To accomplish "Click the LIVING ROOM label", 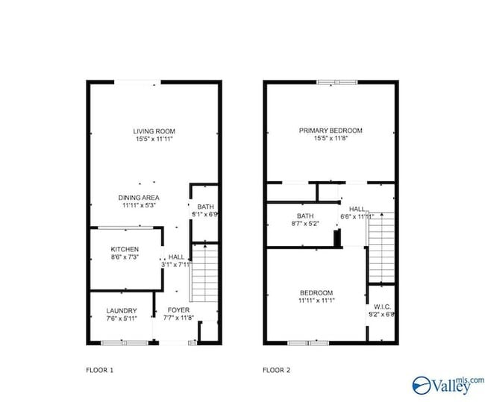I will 154,131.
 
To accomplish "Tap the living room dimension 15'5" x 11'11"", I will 154,139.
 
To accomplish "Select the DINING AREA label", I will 139,198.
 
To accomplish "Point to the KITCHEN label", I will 125,249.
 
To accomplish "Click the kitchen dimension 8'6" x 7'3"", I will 125,257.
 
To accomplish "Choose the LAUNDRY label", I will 121,310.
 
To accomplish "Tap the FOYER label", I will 178,310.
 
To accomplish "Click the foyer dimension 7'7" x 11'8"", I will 178,318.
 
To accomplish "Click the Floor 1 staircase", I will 203,273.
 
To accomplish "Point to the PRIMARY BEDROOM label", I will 331,131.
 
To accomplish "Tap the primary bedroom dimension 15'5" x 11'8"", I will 331,139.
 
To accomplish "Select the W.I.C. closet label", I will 381,306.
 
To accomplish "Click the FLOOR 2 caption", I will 278,369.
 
